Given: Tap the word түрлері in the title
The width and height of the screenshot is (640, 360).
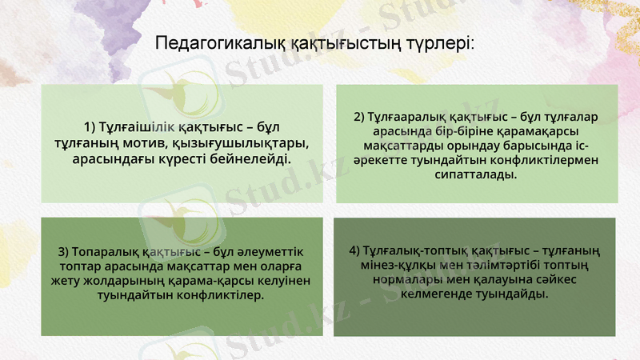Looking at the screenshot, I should pyautogui.click(x=446, y=42).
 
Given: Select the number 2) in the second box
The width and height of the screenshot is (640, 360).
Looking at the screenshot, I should pyautogui.click(x=358, y=116).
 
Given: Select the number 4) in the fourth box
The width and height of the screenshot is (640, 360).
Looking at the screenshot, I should pyautogui.click(x=355, y=251).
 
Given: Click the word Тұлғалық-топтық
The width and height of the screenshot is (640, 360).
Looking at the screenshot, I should pyautogui.click(x=415, y=251).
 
